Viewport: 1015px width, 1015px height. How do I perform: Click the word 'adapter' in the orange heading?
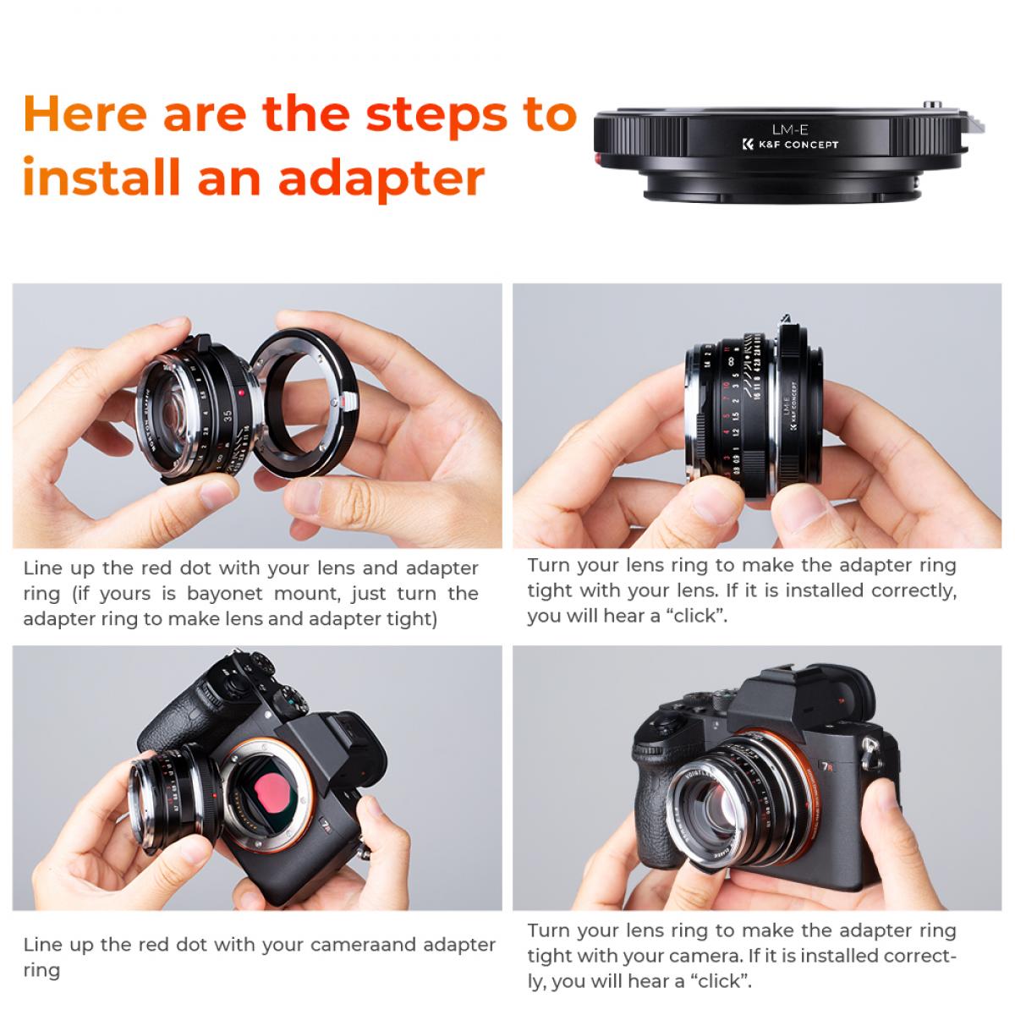[x=381, y=179]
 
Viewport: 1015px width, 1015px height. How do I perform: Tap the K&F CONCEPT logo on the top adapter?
[x=787, y=145]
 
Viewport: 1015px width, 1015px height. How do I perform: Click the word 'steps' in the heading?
[x=436, y=114]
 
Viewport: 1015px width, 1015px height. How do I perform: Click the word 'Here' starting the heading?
[x=85, y=114]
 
